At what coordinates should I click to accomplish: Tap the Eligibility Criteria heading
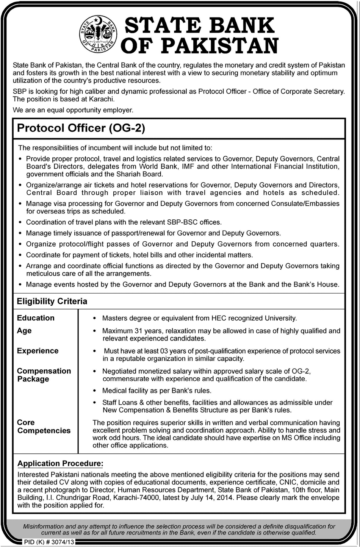coord(52,302)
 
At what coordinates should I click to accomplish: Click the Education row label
coord(36,318)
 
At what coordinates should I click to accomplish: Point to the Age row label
coord(24,331)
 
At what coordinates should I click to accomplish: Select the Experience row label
coord(38,351)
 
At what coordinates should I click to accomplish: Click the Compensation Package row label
coord(44,375)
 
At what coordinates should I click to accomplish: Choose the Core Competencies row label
coord(44,427)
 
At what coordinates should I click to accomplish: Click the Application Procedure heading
coord(60,464)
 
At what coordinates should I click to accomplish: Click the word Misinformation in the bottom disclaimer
coord(44,527)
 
